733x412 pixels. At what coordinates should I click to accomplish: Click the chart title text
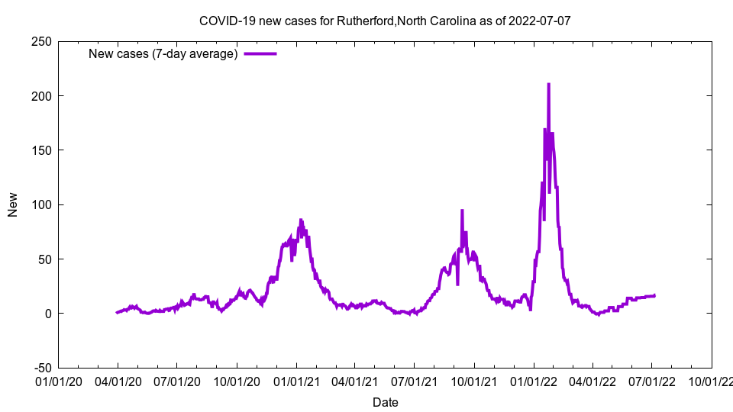point(385,21)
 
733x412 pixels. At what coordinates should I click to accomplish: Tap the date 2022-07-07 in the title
point(540,21)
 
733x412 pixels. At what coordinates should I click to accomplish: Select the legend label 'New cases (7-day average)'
point(163,53)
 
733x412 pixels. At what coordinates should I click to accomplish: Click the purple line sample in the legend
point(260,53)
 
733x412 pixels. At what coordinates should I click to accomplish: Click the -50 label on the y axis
point(42,368)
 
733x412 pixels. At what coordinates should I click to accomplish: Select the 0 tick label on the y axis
point(47,314)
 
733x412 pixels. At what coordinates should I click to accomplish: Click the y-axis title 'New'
point(13,204)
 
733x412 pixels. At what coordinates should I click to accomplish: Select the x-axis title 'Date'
point(385,402)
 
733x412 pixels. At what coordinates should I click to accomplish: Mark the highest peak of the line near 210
point(548,84)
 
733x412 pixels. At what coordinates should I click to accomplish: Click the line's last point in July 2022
point(654,295)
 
